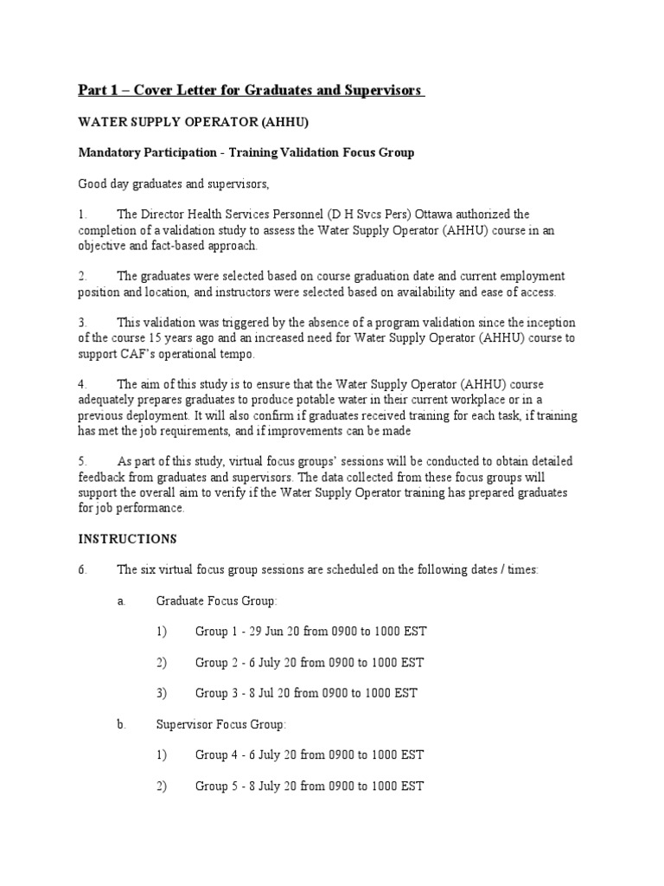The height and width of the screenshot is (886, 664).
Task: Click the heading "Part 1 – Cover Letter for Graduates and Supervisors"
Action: click(252, 91)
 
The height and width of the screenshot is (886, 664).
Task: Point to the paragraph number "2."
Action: click(84, 276)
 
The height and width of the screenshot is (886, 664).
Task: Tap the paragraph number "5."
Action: click(84, 461)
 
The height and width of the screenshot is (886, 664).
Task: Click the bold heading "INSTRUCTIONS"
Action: click(128, 538)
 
